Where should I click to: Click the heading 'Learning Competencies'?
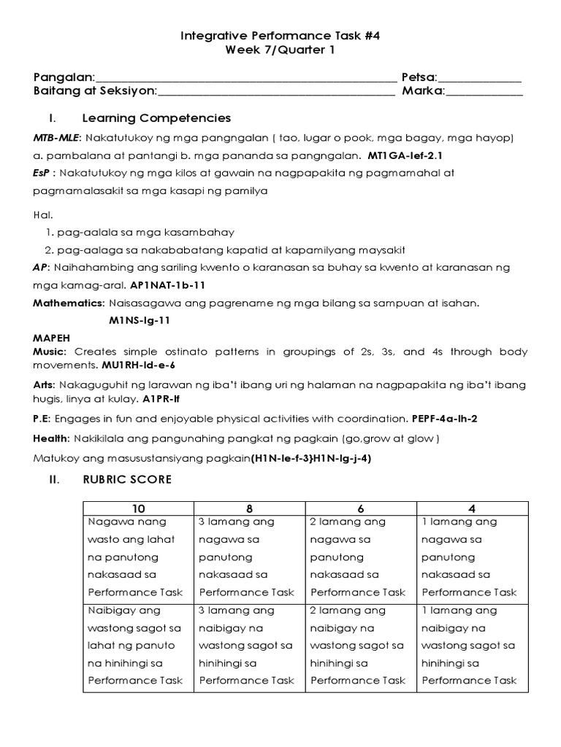point(156,118)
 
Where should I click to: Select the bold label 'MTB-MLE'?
point(58,138)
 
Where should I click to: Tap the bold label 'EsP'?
point(42,174)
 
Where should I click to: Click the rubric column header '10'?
point(139,508)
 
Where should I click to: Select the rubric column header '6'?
point(361,508)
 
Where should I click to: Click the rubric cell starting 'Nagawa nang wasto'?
point(139,557)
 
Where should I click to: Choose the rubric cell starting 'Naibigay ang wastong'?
point(139,646)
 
